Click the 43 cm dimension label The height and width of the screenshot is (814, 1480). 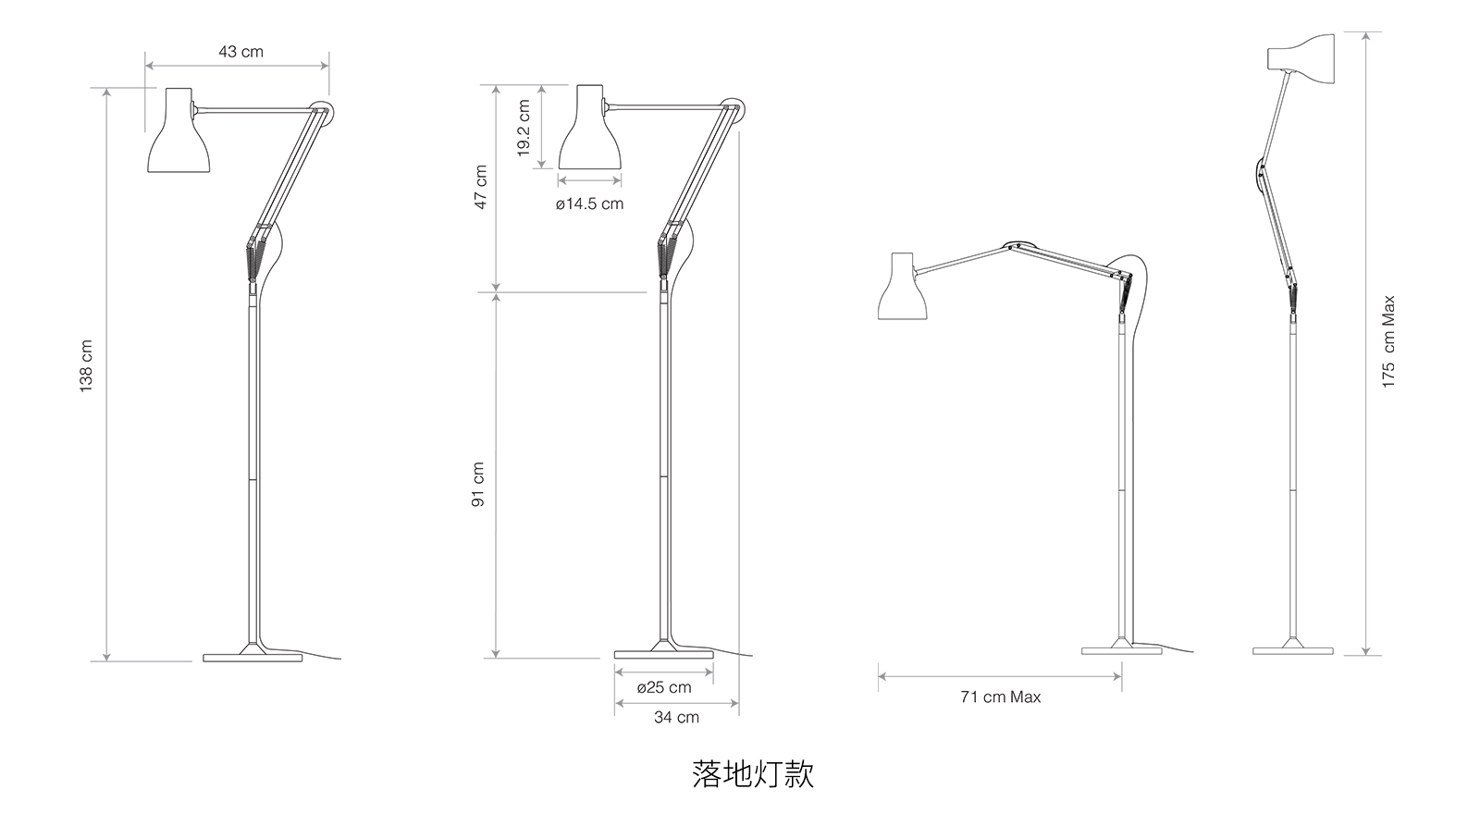coord(240,52)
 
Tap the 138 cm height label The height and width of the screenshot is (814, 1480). coord(87,366)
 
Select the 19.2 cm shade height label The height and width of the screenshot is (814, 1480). coord(524,129)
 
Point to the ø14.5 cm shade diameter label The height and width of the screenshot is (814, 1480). coord(589,203)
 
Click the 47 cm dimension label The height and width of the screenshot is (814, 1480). coord(480,188)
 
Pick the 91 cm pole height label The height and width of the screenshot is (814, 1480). coord(478,485)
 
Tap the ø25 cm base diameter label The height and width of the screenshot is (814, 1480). coord(663,687)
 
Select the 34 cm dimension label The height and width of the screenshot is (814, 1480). coord(676,717)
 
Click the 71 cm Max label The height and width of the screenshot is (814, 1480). coord(1000,697)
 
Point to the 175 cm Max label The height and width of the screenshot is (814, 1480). coord(1387,342)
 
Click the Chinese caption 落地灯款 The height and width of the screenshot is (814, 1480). coord(752,773)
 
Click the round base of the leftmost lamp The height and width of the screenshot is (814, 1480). coord(253,656)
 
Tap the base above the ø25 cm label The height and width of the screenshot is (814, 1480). coord(663,653)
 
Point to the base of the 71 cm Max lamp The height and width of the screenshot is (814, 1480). coord(1121,650)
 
